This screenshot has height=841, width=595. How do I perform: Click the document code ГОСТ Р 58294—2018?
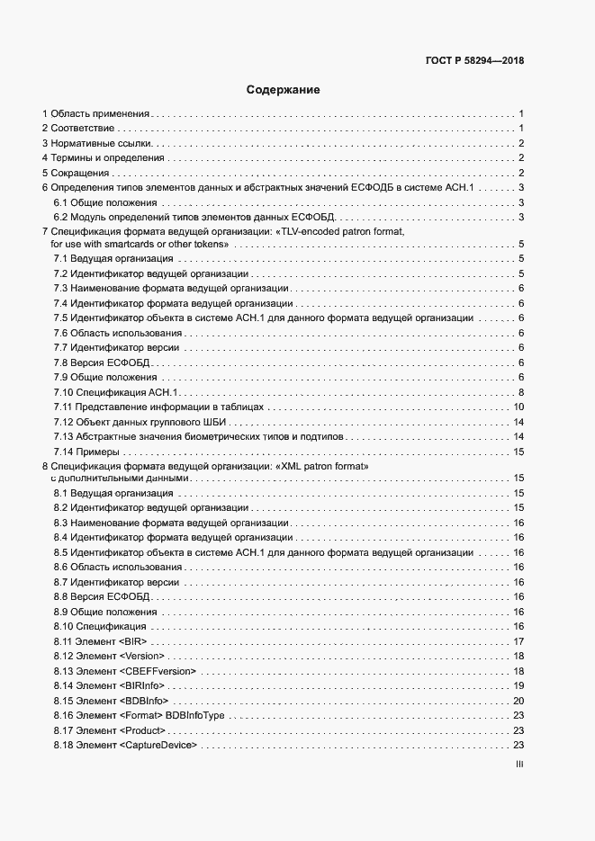(x=474, y=61)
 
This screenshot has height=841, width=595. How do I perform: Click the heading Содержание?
(x=284, y=90)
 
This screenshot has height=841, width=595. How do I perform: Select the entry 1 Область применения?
(x=95, y=114)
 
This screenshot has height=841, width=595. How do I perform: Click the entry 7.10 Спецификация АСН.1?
(x=116, y=392)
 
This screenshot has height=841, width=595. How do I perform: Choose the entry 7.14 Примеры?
(x=93, y=451)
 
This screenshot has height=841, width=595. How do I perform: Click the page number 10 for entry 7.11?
(x=518, y=407)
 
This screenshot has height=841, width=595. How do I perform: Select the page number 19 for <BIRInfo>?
(x=518, y=685)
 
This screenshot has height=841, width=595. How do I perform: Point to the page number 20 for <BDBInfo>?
(x=518, y=700)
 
